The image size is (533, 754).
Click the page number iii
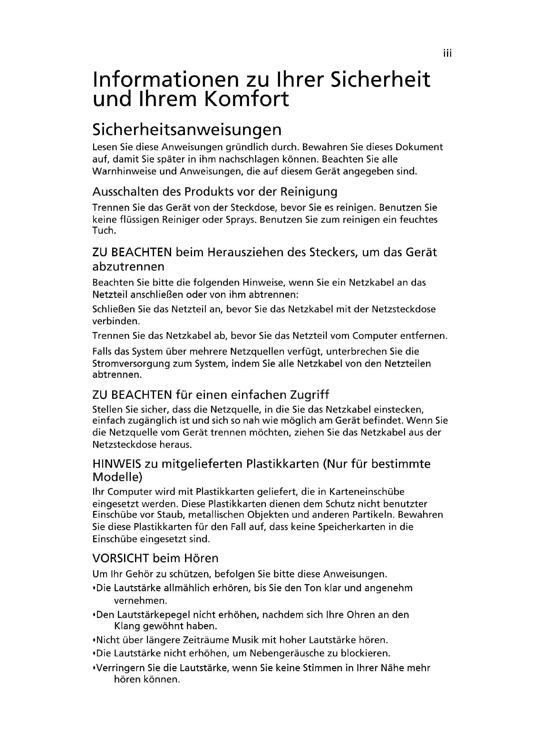[447, 54]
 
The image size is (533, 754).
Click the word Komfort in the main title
[247, 99]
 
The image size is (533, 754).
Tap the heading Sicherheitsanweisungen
[187, 130]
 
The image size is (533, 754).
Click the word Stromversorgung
[127, 364]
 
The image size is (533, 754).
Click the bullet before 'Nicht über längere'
[94, 641]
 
